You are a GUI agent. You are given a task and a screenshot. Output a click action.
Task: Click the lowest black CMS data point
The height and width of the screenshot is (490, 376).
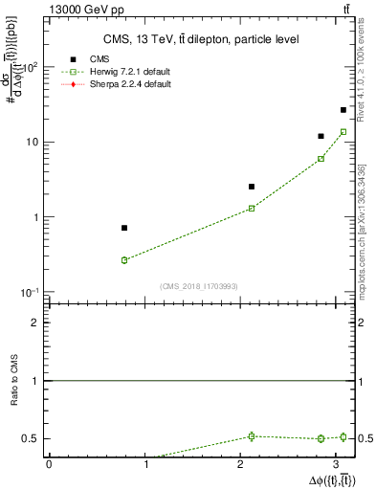(124, 228)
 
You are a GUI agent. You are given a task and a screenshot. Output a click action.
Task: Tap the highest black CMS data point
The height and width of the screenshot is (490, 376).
(343, 110)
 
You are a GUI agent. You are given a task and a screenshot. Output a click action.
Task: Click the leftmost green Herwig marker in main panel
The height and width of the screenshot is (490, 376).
(124, 260)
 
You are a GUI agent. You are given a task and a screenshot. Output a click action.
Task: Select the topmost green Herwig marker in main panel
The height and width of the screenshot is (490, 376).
(343, 131)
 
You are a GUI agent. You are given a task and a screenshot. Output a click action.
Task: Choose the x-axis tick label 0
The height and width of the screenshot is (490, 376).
(48, 464)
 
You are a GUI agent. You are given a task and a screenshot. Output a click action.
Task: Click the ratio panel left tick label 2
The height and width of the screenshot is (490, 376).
(35, 323)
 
